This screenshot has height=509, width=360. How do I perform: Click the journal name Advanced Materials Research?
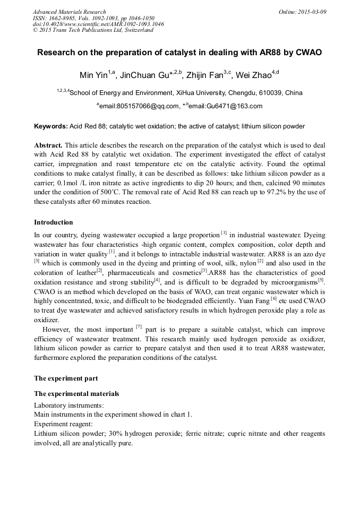pyautogui.click(x=70, y=12)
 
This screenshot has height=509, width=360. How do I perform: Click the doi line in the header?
pyautogui.click(x=98, y=24)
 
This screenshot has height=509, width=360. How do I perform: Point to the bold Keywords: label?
pyautogui.click(x=51, y=127)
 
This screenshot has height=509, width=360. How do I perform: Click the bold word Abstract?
pyautogui.click(x=48, y=145)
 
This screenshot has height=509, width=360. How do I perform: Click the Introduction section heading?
pyautogui.click(x=54, y=222)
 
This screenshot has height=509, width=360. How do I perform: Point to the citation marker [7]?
pyautogui.click(x=139, y=326)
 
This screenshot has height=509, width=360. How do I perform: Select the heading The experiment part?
pyautogui.click(x=66, y=378)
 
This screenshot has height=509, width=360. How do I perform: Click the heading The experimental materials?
pyautogui.click(x=76, y=394)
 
